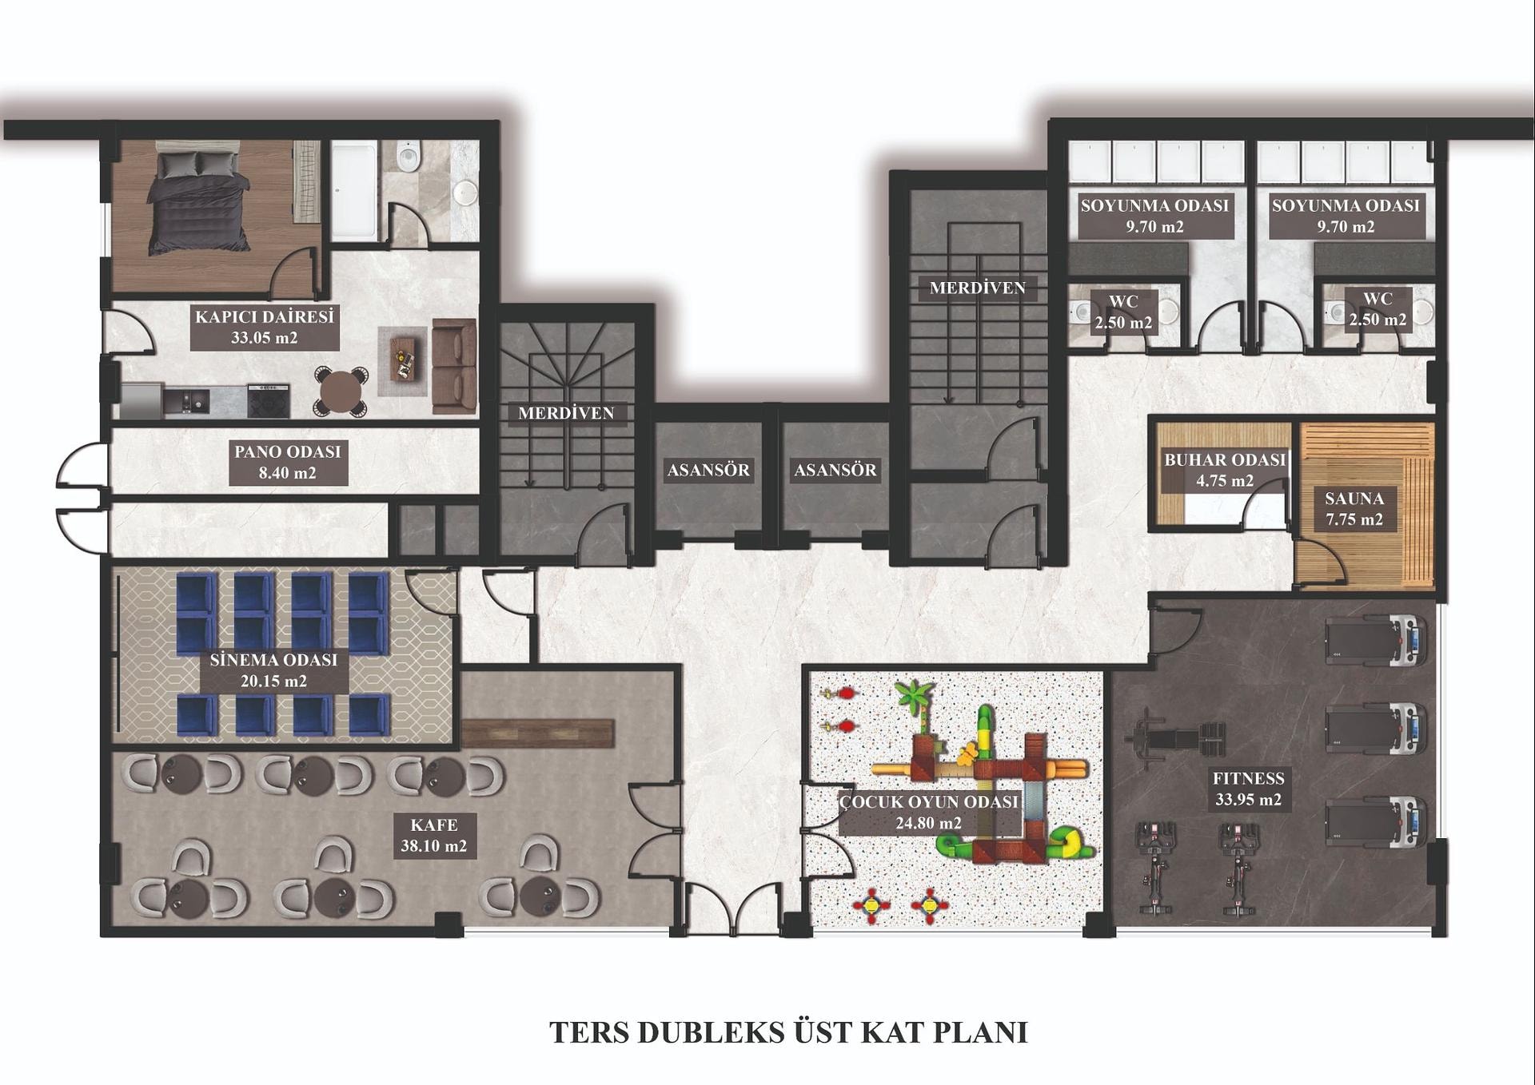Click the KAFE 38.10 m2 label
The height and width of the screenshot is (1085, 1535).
pyautogui.click(x=434, y=835)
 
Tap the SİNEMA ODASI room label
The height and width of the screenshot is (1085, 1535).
pyautogui.click(x=273, y=660)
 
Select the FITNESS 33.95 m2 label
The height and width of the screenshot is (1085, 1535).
pyautogui.click(x=1248, y=789)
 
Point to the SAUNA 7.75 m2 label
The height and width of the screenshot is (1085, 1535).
pyautogui.click(x=1354, y=509)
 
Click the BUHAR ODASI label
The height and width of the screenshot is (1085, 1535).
pyautogui.click(x=1225, y=459)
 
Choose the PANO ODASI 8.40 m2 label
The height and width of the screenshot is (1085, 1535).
pyautogui.click(x=288, y=462)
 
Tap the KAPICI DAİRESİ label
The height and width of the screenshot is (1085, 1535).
pyautogui.click(x=265, y=316)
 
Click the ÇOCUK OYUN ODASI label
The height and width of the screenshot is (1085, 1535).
pyautogui.click(x=929, y=801)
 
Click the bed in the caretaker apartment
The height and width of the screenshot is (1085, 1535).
pyautogui.click(x=197, y=201)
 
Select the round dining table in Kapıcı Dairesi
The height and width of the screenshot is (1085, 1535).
pyautogui.click(x=341, y=391)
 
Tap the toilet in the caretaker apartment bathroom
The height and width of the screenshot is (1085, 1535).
pyautogui.click(x=409, y=156)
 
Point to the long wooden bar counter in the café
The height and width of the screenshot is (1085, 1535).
pyautogui.click(x=538, y=733)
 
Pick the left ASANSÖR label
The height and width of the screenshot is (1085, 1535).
pyautogui.click(x=708, y=470)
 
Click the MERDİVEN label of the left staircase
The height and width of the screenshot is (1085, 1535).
pyautogui.click(x=566, y=413)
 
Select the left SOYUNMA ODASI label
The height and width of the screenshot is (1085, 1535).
pyautogui.click(x=1154, y=205)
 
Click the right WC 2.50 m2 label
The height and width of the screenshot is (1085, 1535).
pyautogui.click(x=1378, y=309)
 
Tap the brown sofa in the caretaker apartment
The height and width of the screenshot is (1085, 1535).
pyautogui.click(x=454, y=366)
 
